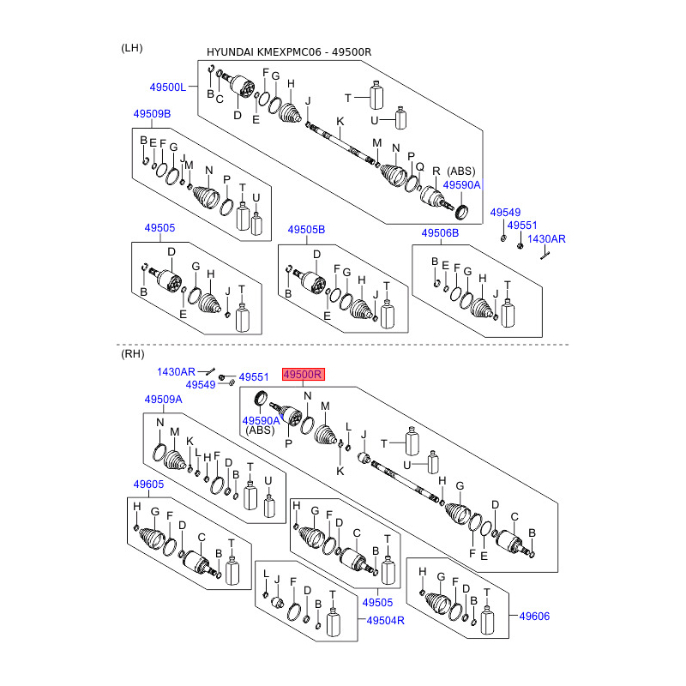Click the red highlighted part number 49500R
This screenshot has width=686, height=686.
click(304, 375)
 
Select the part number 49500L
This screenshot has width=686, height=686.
click(167, 87)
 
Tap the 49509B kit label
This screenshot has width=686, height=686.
click(151, 114)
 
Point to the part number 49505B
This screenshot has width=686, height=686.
click(306, 230)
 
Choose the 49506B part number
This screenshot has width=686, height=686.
click(440, 233)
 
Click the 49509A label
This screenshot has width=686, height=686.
click(163, 400)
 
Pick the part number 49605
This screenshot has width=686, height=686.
click(147, 484)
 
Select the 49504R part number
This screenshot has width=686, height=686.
click(386, 620)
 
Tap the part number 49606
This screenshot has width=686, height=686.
click(534, 616)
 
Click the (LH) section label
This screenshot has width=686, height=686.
click(132, 48)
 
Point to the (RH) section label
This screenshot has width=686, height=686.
click(133, 353)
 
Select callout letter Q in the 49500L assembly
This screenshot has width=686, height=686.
click(419, 167)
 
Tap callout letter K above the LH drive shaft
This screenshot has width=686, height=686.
click(340, 121)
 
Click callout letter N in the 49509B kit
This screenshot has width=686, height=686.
click(208, 169)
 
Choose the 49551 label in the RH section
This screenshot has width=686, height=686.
click(254, 376)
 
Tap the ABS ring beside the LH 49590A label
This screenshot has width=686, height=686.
click(460, 211)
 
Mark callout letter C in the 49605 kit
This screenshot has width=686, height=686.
click(201, 539)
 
